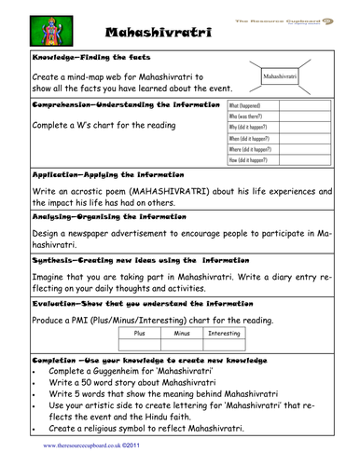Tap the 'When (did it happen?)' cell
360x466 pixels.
[x=252, y=147]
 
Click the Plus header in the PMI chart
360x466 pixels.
[x=140, y=333]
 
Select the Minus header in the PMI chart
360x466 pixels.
[x=182, y=333]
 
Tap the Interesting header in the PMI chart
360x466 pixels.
[x=224, y=333]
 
